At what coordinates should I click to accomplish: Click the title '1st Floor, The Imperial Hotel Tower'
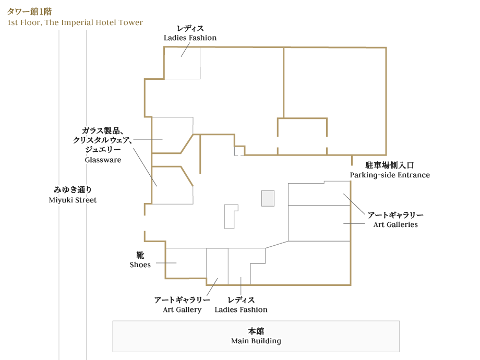(75, 22)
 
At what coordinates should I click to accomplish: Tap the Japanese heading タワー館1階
(29, 11)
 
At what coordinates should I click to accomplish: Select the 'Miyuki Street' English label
(73, 200)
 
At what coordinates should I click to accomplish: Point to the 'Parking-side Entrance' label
(390, 175)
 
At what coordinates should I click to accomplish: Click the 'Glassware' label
(103, 160)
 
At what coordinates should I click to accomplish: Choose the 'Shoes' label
(140, 265)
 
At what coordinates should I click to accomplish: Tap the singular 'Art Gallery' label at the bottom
(182, 309)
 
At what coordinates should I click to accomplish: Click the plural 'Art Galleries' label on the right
(395, 224)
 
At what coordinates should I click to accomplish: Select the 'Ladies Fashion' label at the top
(190, 38)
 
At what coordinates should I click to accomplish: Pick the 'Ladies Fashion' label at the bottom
(241, 309)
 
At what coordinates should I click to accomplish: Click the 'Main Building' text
(256, 341)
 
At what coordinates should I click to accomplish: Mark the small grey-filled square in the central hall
(268, 198)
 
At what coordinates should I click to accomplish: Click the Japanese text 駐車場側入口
(390, 165)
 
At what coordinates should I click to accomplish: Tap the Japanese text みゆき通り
(73, 190)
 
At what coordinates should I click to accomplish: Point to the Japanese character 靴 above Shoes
(140, 255)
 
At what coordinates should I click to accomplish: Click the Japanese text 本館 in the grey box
(256, 331)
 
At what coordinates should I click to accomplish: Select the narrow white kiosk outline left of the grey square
(230, 216)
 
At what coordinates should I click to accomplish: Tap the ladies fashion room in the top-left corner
(182, 63)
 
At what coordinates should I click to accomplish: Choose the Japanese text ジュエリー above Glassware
(103, 150)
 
